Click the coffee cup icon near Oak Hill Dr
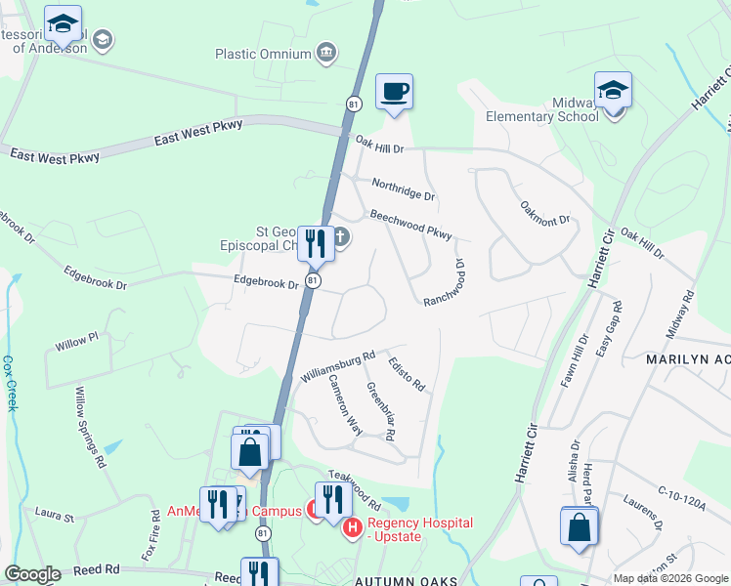pyautogui.click(x=394, y=93)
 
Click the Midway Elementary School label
pyautogui.click(x=542, y=109)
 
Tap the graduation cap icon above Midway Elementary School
pyautogui.click(x=613, y=91)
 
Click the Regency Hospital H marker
pyautogui.click(x=352, y=528)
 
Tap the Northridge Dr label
pyautogui.click(x=403, y=189)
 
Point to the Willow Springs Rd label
pyautogui.click(x=89, y=427)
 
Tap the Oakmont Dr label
pyautogui.click(x=544, y=213)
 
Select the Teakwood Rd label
pyautogui.click(x=354, y=488)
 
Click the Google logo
pyautogui.click(x=32, y=574)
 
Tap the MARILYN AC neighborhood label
pyautogui.click(x=687, y=359)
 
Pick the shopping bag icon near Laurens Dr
pyautogui.click(x=580, y=525)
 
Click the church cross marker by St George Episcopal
pyautogui.click(x=341, y=236)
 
